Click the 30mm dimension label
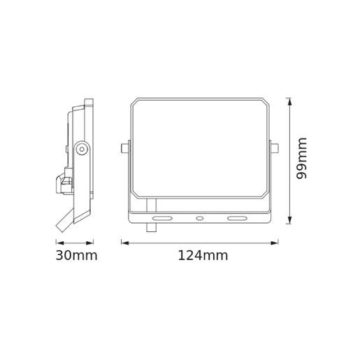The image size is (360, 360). tap(76, 256)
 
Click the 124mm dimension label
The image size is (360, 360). tap(203, 256)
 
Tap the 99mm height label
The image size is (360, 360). tap(302, 159)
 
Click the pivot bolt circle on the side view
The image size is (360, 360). tap(82, 148)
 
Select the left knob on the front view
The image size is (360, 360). tap(124, 148)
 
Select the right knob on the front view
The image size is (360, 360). tap(274, 148)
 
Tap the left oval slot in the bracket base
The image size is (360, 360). tap(162, 219)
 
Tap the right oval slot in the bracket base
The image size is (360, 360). tap(237, 219)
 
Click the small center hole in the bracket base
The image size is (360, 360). tap(200, 219)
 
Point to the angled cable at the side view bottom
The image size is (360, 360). tap(65, 220)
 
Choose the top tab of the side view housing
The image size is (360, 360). tap(89, 102)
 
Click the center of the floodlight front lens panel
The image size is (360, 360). tap(200, 148)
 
